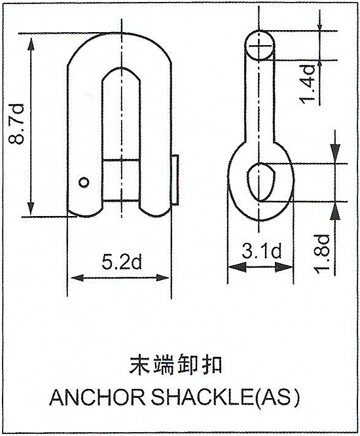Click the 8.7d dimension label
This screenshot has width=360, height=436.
[16, 124]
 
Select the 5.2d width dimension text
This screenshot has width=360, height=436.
[122, 263]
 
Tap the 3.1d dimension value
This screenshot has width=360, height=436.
[261, 251]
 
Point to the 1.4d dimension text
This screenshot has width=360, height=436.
[307, 84]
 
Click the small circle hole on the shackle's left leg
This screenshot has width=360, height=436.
[84, 182]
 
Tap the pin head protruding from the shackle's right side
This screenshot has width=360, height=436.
[175, 180]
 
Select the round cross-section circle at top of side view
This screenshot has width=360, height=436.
[260, 45]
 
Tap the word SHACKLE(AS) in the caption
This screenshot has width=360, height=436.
[225, 397]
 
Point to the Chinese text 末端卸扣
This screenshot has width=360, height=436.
[175, 364]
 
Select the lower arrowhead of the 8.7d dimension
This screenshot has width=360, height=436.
[31, 207]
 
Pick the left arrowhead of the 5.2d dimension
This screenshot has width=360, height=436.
[77, 278]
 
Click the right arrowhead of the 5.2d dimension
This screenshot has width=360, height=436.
[163, 278]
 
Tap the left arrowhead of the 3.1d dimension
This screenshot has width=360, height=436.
[237, 267]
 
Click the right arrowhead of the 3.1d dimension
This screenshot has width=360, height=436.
[284, 267]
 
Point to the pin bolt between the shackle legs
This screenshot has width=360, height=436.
[122, 180]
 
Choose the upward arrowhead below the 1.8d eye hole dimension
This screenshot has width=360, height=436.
[336, 211]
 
